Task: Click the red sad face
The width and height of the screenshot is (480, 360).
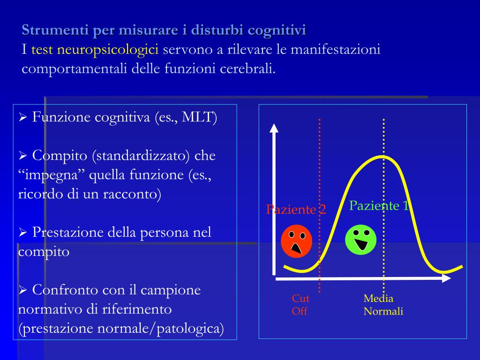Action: click(296, 241)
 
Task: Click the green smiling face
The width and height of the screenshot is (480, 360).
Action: click(360, 239)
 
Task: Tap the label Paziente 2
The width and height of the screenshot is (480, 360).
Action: click(296, 210)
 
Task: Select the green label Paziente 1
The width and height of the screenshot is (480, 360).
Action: click(379, 205)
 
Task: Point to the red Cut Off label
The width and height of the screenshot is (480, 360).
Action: click(300, 305)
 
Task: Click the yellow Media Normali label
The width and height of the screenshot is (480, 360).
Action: click(383, 305)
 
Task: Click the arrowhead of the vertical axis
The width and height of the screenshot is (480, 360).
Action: click(274, 127)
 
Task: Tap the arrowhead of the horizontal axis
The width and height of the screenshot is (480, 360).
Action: click(446, 278)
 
